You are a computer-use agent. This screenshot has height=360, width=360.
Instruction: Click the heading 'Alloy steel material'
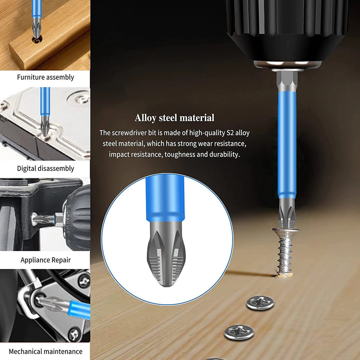click(x=174, y=118)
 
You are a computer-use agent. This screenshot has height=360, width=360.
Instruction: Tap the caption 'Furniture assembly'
click(x=45, y=77)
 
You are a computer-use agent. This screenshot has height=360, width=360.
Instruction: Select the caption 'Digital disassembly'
click(x=45, y=168)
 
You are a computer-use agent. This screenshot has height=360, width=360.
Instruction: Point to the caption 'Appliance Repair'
click(x=45, y=260)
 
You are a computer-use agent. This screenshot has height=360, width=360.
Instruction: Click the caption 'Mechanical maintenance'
click(x=45, y=352)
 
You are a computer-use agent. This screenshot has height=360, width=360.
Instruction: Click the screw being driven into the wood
click(x=285, y=251)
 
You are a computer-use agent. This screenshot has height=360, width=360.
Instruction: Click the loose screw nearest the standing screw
click(x=260, y=302)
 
